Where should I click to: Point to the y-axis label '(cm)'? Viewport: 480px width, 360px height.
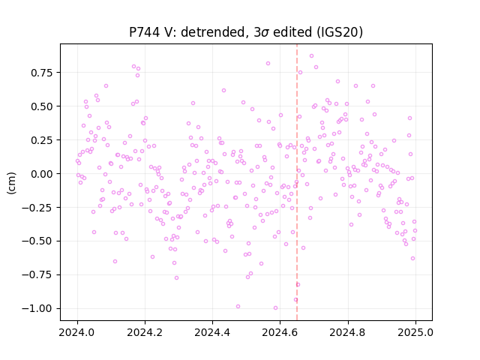click(x=11, y=183)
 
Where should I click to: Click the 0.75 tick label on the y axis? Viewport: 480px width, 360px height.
click(x=42, y=73)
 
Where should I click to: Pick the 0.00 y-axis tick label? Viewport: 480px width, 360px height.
click(x=42, y=174)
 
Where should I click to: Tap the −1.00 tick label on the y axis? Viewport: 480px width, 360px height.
click(x=37, y=308)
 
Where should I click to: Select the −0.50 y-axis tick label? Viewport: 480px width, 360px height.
click(x=37, y=241)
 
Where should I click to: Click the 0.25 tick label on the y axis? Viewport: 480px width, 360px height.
click(x=42, y=140)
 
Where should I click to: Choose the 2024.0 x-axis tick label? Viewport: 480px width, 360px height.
click(x=77, y=332)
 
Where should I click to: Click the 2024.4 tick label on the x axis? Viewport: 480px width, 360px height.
click(x=212, y=332)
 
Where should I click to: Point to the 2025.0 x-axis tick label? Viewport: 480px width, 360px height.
click(x=415, y=332)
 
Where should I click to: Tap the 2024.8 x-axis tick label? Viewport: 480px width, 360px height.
click(x=348, y=332)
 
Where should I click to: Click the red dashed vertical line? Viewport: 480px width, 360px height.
click(x=297, y=182)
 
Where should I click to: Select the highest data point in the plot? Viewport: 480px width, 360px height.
click(x=312, y=56)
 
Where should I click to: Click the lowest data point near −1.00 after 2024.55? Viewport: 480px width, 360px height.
click(x=275, y=308)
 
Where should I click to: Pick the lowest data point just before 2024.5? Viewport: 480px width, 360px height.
click(x=238, y=307)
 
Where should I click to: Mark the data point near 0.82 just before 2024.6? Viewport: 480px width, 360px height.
click(x=268, y=63)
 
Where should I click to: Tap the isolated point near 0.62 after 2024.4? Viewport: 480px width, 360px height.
click(x=223, y=90)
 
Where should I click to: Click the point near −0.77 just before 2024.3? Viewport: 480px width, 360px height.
click(x=177, y=278)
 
